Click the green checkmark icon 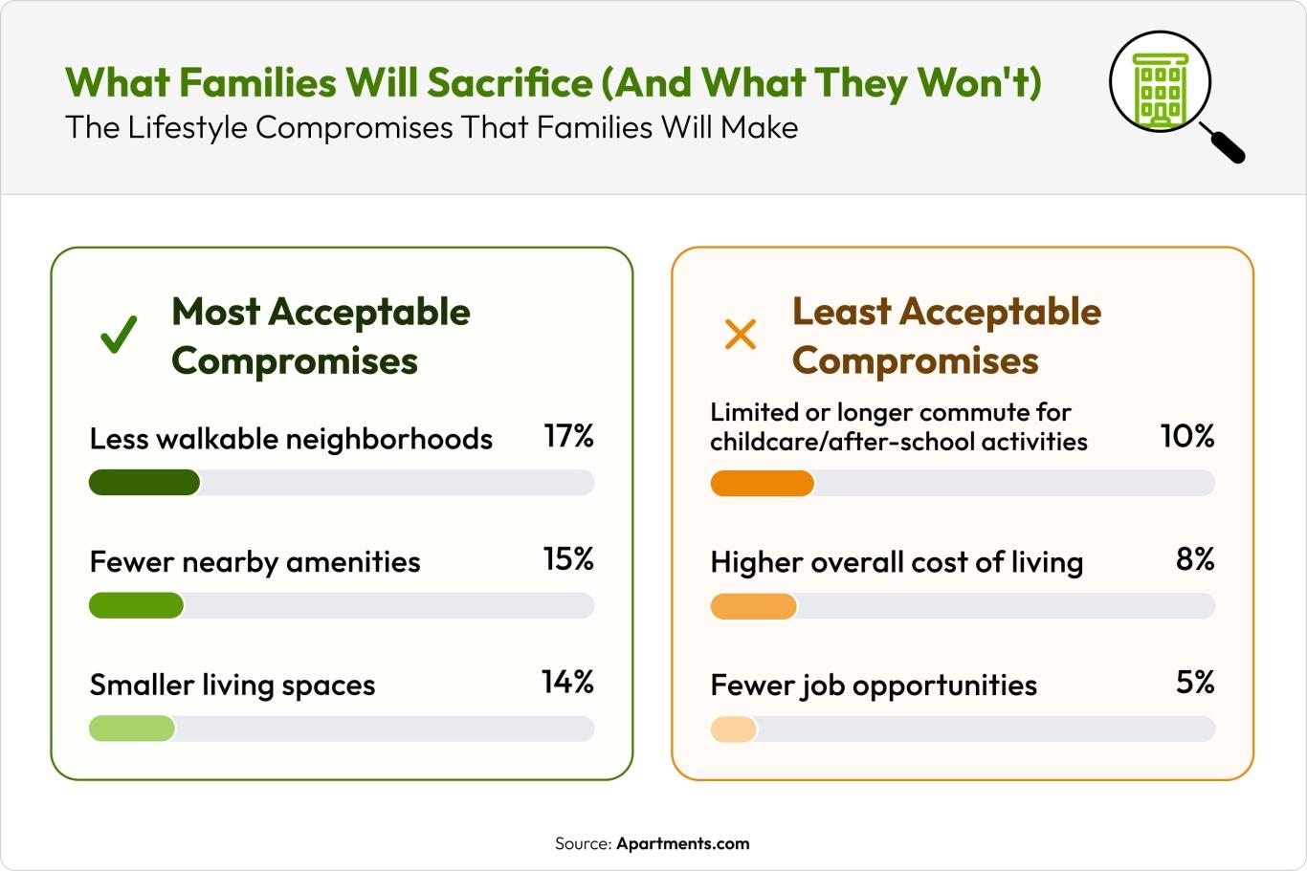[120, 335]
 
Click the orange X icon [740, 335]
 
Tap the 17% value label [568, 436]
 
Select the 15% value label [568, 559]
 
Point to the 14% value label [567, 682]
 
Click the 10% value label [1187, 436]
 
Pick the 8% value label [1195, 559]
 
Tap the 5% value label [1195, 682]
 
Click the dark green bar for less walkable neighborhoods [144, 483]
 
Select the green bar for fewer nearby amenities [136, 605]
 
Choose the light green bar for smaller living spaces [132, 729]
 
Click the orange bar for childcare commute [762, 483]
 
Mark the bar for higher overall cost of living [753, 605]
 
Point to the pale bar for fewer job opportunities [733, 729]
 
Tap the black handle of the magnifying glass [1224, 144]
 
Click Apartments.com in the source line [682, 843]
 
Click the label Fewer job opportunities [873, 685]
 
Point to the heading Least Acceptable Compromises [945, 336]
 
